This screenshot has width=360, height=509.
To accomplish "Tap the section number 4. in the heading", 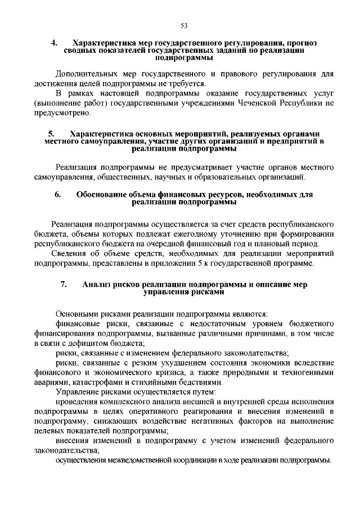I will click(x=55, y=43).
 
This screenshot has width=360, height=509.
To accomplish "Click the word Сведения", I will click(x=69, y=254).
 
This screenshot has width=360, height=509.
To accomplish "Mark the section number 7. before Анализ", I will click(x=64, y=285).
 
